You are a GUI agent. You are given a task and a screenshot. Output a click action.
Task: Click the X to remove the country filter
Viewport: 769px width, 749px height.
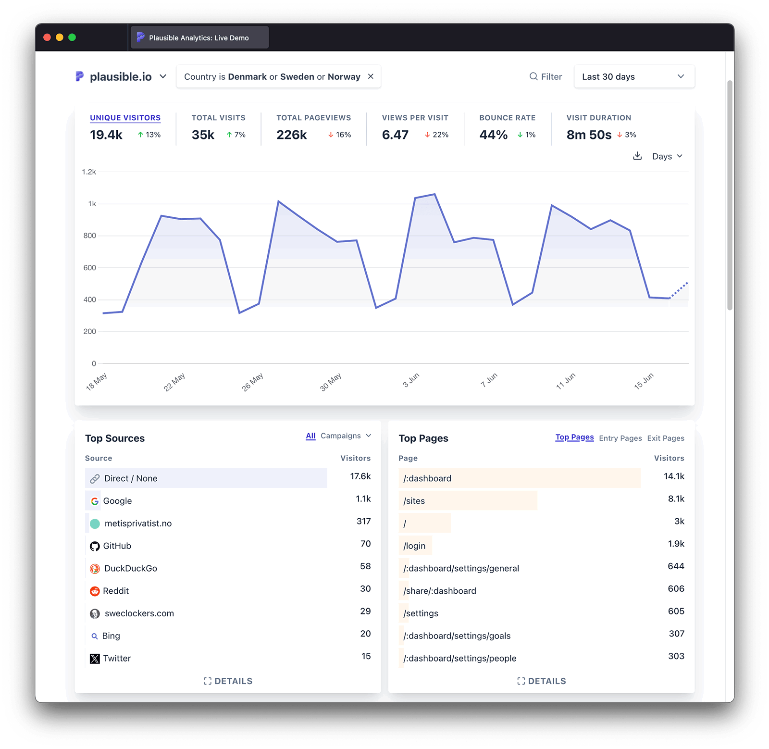[371, 76]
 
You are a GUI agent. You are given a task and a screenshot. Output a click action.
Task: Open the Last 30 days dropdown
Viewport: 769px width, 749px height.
[634, 76]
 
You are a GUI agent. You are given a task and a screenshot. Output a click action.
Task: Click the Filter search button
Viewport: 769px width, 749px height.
[546, 76]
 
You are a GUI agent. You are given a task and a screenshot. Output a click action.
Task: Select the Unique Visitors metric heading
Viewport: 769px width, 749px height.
[125, 118]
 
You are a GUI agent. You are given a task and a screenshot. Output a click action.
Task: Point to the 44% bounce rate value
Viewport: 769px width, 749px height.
[493, 135]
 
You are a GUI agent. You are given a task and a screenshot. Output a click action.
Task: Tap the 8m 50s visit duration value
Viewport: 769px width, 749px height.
[589, 135]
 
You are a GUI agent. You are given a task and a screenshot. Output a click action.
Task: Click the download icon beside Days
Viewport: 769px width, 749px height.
[637, 156]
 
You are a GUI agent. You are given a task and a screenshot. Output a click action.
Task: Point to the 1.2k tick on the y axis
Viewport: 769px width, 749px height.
[89, 172]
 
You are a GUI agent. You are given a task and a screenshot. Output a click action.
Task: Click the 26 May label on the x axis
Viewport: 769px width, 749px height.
[252, 382]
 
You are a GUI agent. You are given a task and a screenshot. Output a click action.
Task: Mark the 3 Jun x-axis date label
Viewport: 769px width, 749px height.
[411, 380]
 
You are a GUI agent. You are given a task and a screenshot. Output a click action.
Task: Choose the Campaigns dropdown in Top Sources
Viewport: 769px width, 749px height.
[346, 436]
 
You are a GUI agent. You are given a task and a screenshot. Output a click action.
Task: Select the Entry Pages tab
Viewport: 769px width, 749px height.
[620, 438]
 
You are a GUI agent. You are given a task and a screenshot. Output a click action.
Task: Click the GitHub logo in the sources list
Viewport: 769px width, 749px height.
[95, 546]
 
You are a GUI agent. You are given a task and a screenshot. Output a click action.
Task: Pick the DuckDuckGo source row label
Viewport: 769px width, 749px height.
[130, 568]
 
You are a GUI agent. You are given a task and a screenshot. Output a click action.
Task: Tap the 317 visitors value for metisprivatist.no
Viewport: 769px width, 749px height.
[363, 522]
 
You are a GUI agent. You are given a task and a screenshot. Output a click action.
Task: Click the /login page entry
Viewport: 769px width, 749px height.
[414, 546]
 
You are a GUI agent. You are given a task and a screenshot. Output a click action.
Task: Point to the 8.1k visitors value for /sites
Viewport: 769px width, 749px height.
[676, 499]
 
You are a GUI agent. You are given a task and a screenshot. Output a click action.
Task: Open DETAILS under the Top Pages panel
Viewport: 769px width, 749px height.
[542, 681]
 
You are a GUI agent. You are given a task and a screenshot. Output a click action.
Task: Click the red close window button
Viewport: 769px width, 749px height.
[47, 37]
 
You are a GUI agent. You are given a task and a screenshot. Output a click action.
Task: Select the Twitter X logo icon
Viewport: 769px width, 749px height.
[95, 659]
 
